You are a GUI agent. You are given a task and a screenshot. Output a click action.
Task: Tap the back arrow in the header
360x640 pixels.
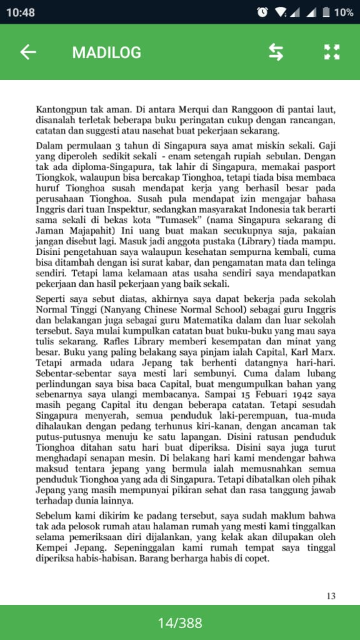[28, 52]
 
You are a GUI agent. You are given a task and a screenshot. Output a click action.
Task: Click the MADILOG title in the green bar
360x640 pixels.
[106, 52]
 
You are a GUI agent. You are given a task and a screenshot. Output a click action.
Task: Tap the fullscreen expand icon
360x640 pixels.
[331, 52]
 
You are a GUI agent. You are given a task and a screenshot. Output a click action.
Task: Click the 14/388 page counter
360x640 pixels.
[180, 622]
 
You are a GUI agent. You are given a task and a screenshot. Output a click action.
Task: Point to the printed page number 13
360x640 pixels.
[331, 596]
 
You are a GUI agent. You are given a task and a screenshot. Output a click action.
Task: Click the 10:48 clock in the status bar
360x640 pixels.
[21, 12]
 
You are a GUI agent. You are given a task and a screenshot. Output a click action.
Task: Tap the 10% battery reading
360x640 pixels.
[343, 12]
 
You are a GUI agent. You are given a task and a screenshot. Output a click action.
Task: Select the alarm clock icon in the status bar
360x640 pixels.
[262, 12]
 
